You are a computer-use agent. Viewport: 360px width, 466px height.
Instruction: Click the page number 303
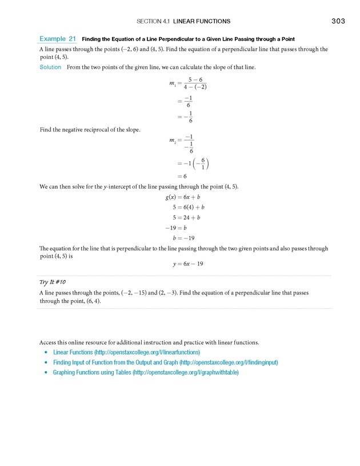point(338,21)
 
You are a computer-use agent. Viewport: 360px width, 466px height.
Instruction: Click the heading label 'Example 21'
point(58,39)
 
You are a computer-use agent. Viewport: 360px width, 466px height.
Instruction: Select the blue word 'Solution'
point(50,67)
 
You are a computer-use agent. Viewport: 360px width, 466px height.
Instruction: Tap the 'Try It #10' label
point(53,282)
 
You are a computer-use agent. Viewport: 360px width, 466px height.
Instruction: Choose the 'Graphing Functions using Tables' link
point(145,372)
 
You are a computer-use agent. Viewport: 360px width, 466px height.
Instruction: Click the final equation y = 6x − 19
point(188,264)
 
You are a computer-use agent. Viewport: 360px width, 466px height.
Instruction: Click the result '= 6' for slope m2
point(182,176)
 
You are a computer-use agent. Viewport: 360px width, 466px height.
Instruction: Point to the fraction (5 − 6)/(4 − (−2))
point(195,82)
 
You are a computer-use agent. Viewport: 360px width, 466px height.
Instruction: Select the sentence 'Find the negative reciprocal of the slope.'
point(90,130)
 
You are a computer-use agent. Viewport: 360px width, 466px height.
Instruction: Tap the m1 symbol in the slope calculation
point(173,83)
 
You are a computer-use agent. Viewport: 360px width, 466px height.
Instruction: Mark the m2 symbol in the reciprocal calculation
point(173,140)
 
